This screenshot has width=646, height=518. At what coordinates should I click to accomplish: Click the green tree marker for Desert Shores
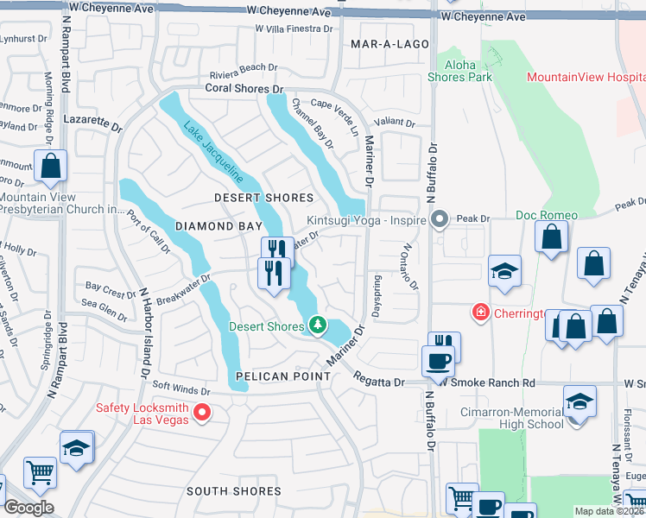click(319, 325)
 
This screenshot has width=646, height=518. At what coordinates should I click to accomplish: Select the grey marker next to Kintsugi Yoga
click(440, 219)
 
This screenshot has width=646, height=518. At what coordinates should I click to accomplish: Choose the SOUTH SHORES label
click(234, 491)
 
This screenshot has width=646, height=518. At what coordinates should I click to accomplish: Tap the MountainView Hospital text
click(586, 78)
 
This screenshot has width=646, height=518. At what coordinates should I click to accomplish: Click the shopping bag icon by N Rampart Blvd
click(51, 165)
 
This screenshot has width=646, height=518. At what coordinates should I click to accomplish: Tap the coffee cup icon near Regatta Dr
click(438, 360)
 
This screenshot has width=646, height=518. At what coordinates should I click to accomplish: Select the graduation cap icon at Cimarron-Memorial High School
click(579, 402)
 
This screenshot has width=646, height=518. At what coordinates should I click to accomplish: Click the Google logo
click(28, 508)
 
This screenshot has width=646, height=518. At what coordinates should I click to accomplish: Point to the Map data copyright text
click(609, 511)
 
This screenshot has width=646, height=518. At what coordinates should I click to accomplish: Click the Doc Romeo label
click(546, 214)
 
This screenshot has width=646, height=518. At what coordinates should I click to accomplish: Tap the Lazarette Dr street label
click(93, 121)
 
